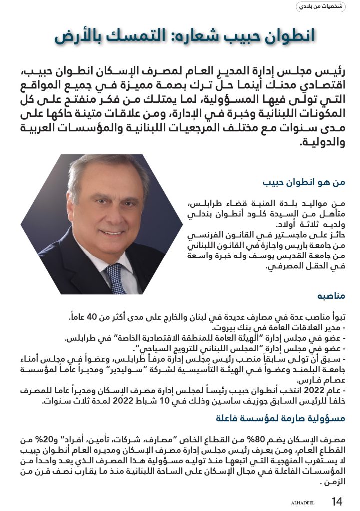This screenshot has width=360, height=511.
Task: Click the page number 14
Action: click(337, 501)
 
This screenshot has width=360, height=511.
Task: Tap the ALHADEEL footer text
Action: click(303, 502)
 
